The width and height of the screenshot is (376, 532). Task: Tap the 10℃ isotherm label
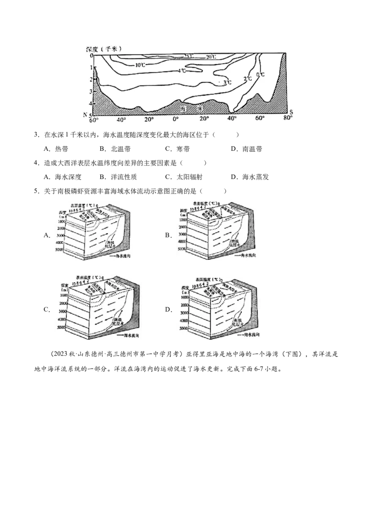tap(140, 65)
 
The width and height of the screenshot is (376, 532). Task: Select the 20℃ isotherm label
tap(211, 57)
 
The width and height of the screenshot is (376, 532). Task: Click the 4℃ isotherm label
tap(182, 70)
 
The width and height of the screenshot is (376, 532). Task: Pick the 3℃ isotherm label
tap(227, 83)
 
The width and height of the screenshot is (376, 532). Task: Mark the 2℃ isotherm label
tap(248, 78)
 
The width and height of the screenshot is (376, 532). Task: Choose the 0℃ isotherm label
tap(260, 75)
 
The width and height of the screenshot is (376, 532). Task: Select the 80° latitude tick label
tap(288, 119)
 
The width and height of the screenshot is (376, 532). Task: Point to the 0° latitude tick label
tap(176, 119)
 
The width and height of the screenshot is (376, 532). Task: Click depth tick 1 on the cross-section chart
tap(91, 67)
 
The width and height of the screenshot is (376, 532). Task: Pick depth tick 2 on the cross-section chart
tap(91, 79)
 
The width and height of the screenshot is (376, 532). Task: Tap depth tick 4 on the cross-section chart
tap(91, 103)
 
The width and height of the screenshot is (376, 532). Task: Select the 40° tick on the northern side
tap(121, 119)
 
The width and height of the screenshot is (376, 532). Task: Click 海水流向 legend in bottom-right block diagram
tap(251, 335)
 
